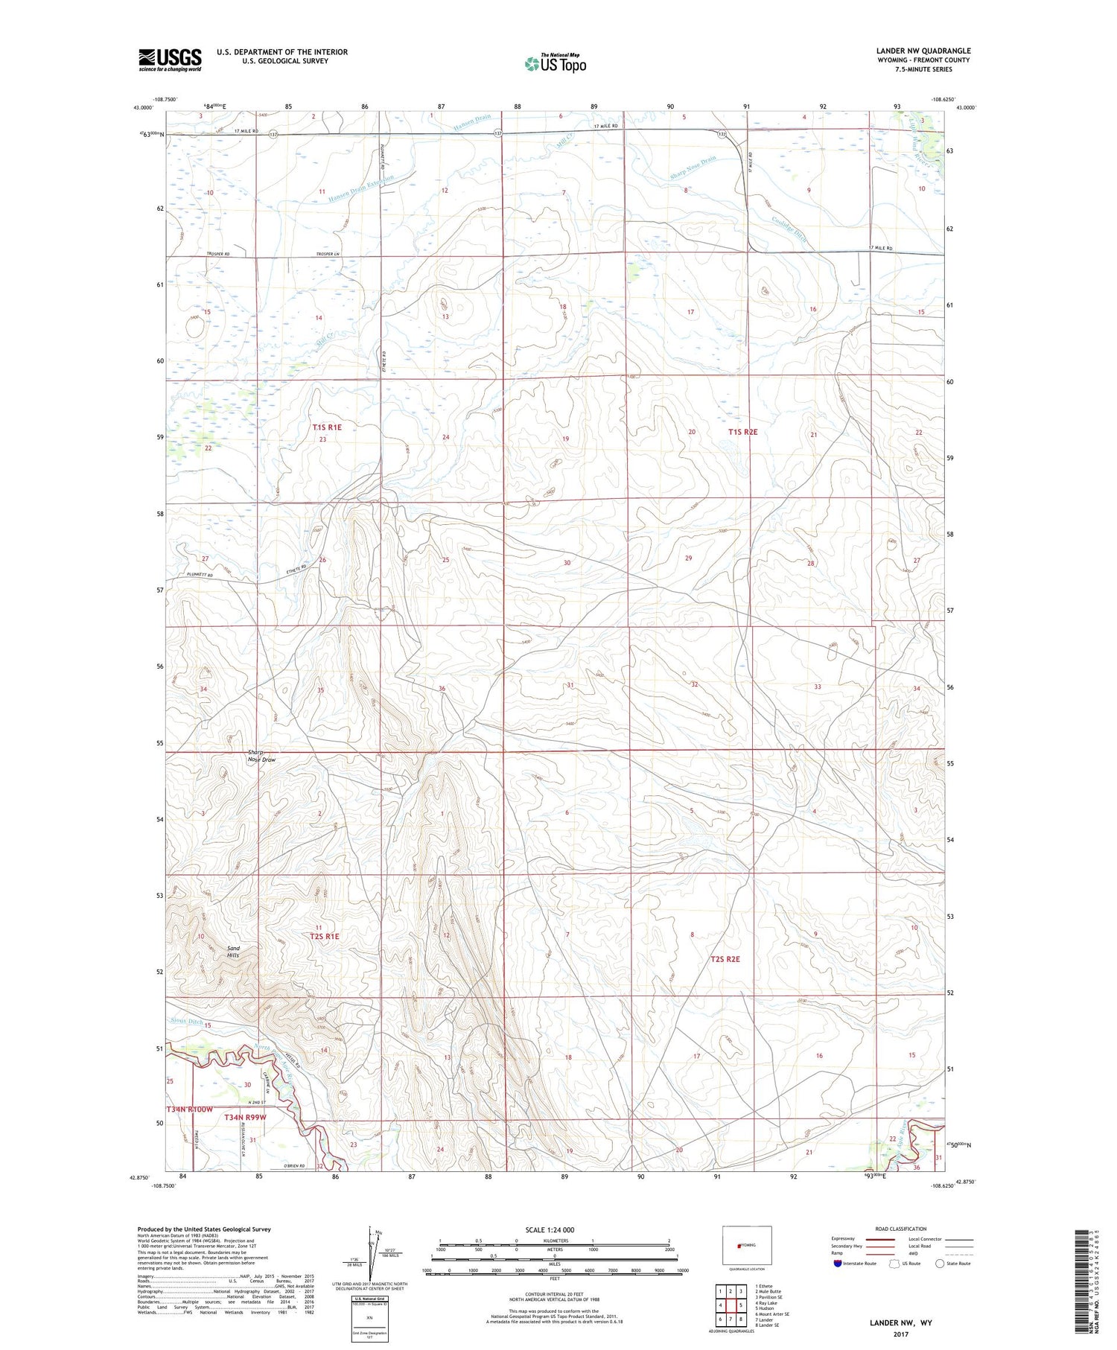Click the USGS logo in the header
(x=170, y=60)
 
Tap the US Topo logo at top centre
(x=555, y=64)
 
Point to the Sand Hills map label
(x=234, y=951)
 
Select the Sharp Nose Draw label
(x=262, y=756)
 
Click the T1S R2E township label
(x=742, y=432)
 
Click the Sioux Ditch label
(x=186, y=1022)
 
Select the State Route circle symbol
(x=941, y=1264)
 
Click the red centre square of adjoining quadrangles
(x=740, y=1305)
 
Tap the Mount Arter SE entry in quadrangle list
(x=771, y=1314)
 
